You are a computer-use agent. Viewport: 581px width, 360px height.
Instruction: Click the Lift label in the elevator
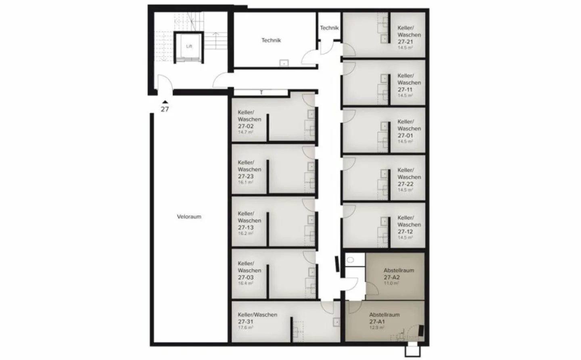(x=189, y=46)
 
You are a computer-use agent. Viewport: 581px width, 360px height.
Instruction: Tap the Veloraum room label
(x=189, y=216)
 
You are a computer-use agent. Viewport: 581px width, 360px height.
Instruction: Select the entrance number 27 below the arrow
(x=165, y=109)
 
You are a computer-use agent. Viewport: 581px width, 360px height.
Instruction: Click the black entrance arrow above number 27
(x=165, y=102)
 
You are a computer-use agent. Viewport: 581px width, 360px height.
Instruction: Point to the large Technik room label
(x=271, y=40)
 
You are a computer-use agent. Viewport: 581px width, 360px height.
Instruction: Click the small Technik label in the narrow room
(x=329, y=28)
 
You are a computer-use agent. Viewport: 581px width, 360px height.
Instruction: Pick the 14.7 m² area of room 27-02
(x=245, y=132)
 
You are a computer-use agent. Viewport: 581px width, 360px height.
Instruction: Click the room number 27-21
(x=405, y=42)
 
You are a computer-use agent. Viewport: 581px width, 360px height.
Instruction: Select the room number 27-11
(x=405, y=89)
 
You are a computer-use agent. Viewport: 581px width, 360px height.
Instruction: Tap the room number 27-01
(x=405, y=135)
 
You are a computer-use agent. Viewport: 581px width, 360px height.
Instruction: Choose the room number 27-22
(x=405, y=184)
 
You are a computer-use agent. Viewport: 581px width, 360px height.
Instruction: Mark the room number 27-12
(x=405, y=231)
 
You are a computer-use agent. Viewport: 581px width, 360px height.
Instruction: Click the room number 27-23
(x=246, y=176)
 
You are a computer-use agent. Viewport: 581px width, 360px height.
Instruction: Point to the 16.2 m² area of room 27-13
(x=245, y=233)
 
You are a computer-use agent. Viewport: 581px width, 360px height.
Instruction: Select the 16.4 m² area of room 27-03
(x=245, y=283)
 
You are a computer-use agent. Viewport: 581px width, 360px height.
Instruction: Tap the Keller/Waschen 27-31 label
(x=257, y=318)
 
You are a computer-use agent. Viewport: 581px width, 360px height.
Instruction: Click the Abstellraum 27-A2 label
(x=399, y=274)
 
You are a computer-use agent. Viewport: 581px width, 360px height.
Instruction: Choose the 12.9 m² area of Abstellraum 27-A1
(x=376, y=328)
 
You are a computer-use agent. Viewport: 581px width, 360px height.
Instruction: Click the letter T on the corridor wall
(x=261, y=93)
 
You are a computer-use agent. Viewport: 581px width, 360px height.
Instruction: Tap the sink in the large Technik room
(x=284, y=63)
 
